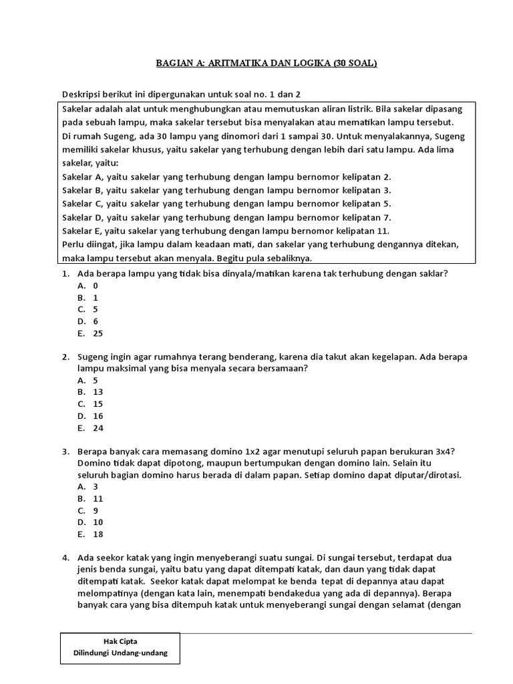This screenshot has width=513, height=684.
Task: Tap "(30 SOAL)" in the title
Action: coord(352,63)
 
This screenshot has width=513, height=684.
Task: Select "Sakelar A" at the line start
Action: coord(82,177)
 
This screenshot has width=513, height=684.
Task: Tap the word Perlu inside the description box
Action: coord(73,244)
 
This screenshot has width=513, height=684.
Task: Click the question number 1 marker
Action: coord(66,274)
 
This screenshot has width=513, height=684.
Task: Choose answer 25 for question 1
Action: coord(98,333)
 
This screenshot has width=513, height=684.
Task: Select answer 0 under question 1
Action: coord(96,285)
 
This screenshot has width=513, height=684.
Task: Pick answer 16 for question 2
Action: coord(98,416)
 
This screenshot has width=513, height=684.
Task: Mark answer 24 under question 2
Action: coord(98,428)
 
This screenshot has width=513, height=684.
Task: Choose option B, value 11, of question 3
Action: coord(98,498)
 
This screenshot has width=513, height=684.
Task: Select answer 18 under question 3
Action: coord(98,534)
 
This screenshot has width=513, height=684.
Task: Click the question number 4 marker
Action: coord(66,557)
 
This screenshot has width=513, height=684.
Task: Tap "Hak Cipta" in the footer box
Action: coord(120,641)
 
